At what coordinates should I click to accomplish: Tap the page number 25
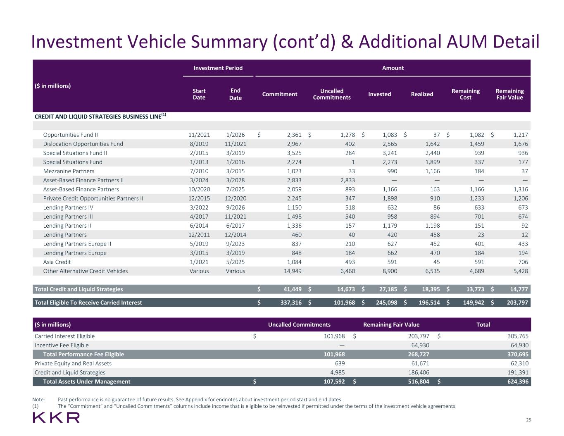point(528,420)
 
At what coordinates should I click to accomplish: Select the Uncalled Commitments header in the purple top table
point(332,94)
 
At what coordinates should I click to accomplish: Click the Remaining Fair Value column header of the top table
point(509,94)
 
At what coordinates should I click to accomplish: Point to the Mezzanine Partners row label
point(69,171)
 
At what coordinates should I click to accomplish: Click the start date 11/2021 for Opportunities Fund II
point(199,135)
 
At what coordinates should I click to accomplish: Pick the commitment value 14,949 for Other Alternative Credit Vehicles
point(291,271)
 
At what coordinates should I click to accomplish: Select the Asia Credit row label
point(57,262)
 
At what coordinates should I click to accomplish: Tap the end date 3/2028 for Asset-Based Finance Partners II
point(236,180)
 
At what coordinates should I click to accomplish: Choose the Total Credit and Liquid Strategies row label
point(79,289)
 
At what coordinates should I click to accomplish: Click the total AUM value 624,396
point(515,381)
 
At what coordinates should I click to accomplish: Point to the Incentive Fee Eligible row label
point(62,345)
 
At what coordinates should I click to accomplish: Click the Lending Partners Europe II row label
point(77,244)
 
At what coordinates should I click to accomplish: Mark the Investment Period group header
point(218,68)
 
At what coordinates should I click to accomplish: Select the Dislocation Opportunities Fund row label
point(83,144)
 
